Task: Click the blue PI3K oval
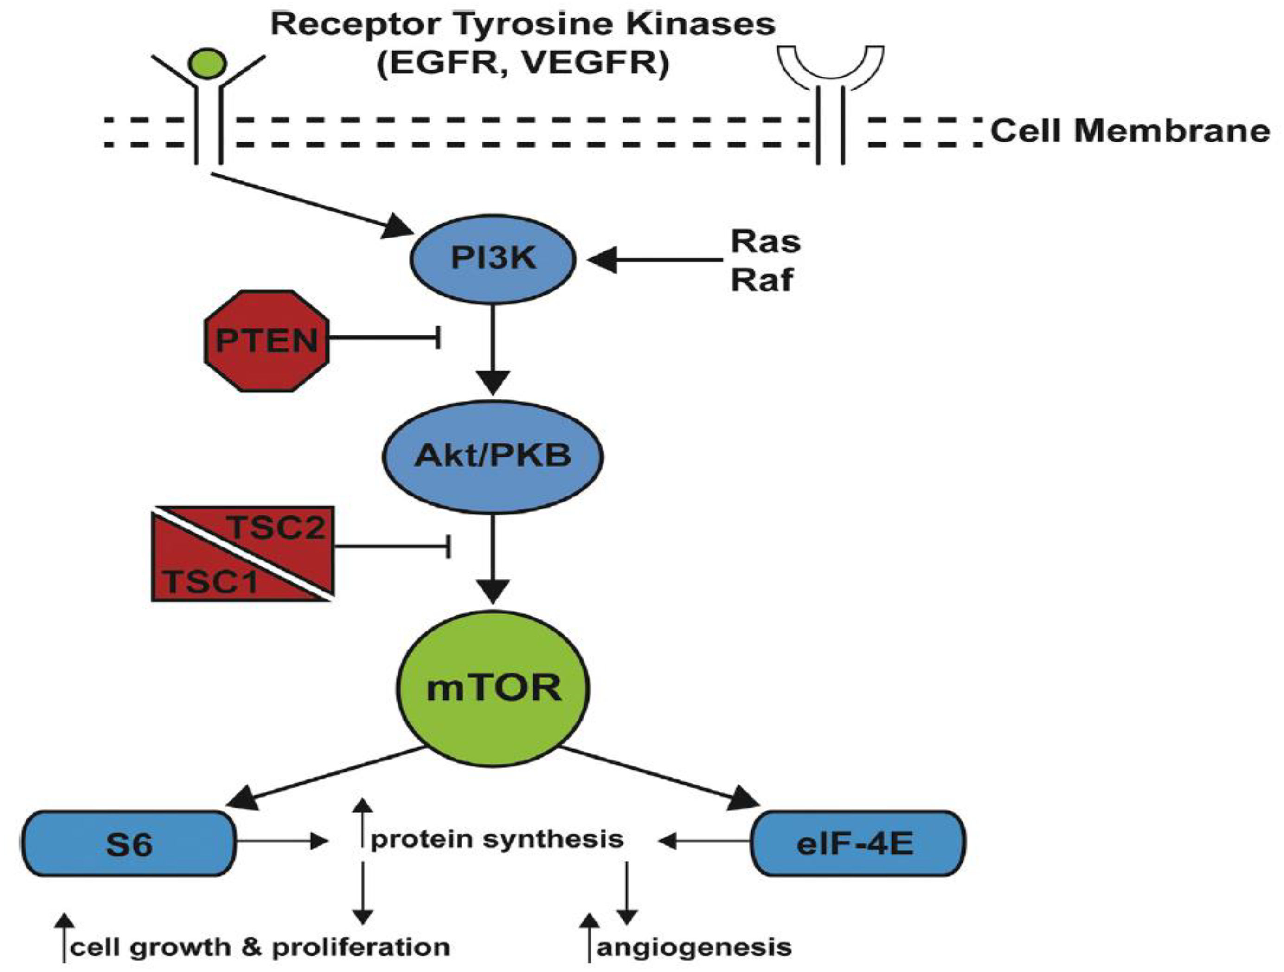493,258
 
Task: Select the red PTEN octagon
266,341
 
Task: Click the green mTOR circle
493,689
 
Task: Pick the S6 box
129,843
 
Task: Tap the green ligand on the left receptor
208,62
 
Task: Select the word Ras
765,242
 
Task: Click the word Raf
761,280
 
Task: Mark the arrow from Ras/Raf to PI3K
656,259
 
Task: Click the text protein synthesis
497,839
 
